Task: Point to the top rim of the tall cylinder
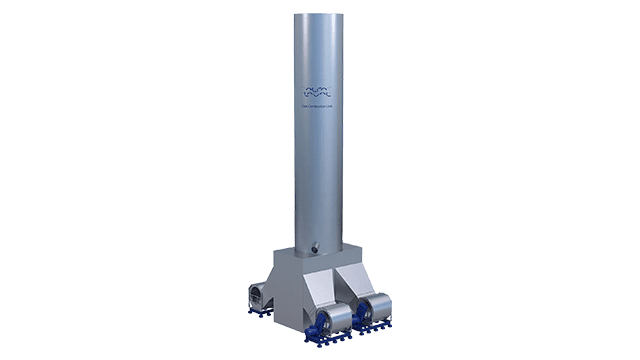click(x=330, y=14)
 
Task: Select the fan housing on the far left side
click(x=258, y=296)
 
